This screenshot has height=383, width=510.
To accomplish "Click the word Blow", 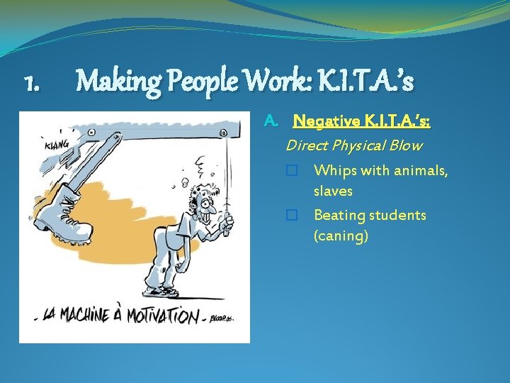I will pos(406,145).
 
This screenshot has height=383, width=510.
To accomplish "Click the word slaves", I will pos(333,191).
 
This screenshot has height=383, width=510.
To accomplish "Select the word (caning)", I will pos(341,235).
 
